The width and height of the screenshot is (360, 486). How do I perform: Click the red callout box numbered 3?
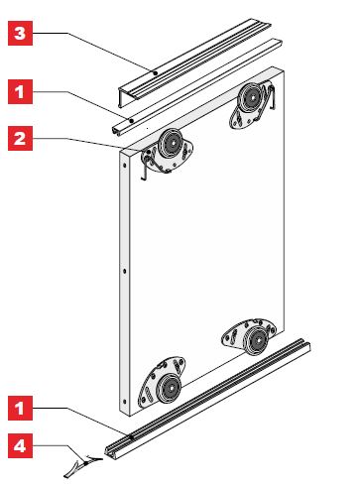pyautogui.click(x=20, y=33)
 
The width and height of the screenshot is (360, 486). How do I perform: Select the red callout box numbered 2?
pyautogui.click(x=20, y=138)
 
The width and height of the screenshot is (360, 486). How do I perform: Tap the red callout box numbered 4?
pyautogui.click(x=20, y=446)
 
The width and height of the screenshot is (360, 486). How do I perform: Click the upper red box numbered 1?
pyautogui.click(x=20, y=91)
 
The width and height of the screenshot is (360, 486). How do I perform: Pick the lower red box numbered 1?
pyautogui.click(x=20, y=409)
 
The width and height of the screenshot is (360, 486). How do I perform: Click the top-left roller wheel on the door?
pyautogui.click(x=171, y=144)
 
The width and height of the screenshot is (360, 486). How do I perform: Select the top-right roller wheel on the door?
pyautogui.click(x=253, y=98)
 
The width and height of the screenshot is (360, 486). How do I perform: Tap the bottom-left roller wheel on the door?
pyautogui.click(x=170, y=388)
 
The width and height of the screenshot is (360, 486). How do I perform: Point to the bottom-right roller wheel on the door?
pyautogui.click(x=257, y=340)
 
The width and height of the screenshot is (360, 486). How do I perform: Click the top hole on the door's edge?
pyautogui.click(x=124, y=165)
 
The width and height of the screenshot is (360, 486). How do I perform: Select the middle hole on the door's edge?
pyautogui.click(x=124, y=271)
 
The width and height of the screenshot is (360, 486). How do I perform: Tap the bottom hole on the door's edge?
pyautogui.click(x=124, y=402)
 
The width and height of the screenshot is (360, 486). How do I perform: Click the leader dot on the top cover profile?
pyautogui.click(x=155, y=73)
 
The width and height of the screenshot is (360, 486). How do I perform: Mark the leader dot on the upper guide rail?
pyautogui.click(x=131, y=121)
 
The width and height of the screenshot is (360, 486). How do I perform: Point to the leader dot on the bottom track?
pyautogui.click(x=132, y=437)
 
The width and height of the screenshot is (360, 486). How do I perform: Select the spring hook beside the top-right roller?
pyautogui.click(x=272, y=97)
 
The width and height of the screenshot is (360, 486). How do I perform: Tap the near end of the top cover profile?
pyautogui.click(x=122, y=98)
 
